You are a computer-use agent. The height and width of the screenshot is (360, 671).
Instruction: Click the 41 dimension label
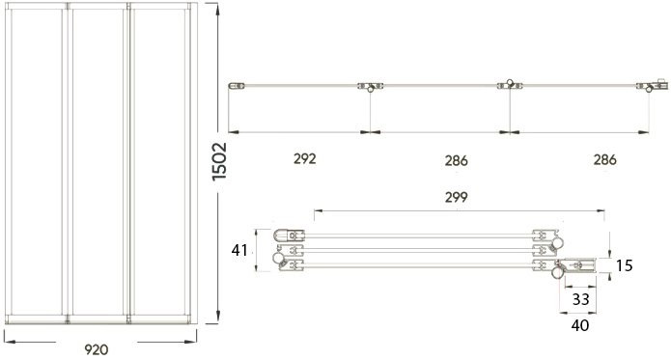coord(241,251)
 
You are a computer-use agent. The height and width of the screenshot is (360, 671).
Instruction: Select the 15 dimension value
coord(624,264)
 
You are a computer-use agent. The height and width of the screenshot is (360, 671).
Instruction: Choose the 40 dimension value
coord(581,325)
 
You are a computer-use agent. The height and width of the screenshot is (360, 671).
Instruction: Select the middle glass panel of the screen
coord(98,164)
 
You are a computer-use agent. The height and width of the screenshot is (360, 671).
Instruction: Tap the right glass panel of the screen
coord(161,164)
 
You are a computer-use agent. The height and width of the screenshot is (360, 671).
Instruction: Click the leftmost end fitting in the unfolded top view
coord(234,88)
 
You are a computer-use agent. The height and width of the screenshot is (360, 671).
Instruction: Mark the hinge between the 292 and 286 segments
coord(370,88)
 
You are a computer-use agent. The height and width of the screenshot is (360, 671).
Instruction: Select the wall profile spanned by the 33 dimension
coord(580,263)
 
